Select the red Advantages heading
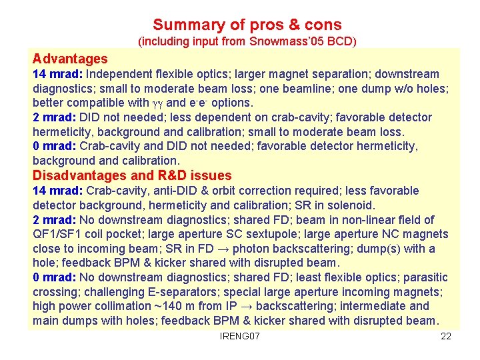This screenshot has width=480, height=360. pyautogui.click(x=70, y=59)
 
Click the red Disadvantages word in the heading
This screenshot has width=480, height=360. pyautogui.click(x=79, y=176)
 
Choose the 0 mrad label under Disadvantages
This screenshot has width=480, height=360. pyautogui.click(x=53, y=277)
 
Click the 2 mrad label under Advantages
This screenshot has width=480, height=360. pyautogui.click(x=53, y=117)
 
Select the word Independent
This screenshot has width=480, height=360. pyautogui.click(x=119, y=74)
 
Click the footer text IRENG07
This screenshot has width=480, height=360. pyautogui.click(x=239, y=336)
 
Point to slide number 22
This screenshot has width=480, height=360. pyautogui.click(x=446, y=336)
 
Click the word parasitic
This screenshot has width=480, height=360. pyautogui.click(x=423, y=277)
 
